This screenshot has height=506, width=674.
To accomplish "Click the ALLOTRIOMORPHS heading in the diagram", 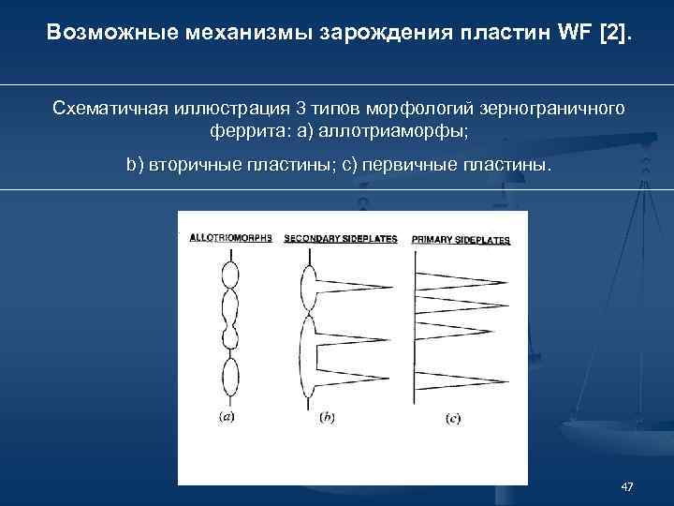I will pyautogui.click(x=230, y=238).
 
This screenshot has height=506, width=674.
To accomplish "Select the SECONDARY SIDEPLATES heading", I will pyautogui.click(x=341, y=238).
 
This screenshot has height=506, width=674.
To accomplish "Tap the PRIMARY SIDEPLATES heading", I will pyautogui.click(x=461, y=240).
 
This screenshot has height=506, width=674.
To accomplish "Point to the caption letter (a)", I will pyautogui.click(x=227, y=417).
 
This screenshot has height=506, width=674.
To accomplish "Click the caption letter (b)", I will pyautogui.click(x=327, y=416).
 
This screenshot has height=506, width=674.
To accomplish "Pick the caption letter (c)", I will pyautogui.click(x=451, y=418).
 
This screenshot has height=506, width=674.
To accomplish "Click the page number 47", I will pyautogui.click(x=626, y=486).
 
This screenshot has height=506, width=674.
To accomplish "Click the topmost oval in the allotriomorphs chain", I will pyautogui.click(x=230, y=275).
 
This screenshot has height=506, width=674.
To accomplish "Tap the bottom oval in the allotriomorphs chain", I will pyautogui.click(x=230, y=379).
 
